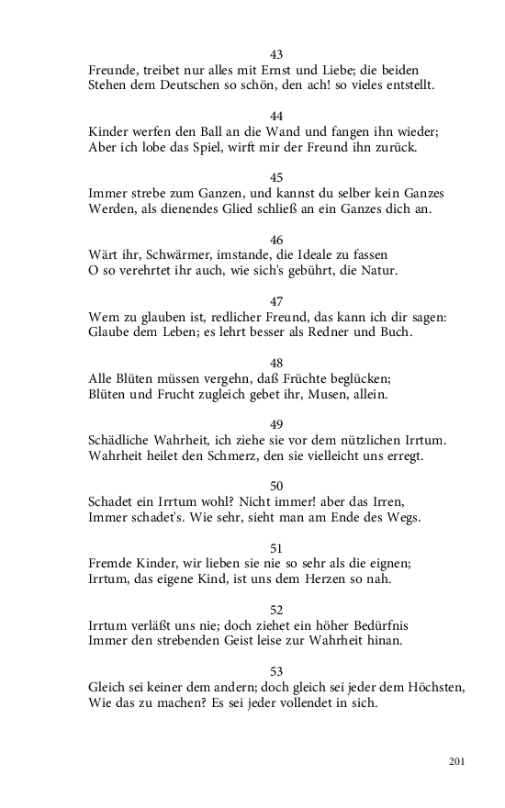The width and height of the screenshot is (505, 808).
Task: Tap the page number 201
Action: tap(458, 761)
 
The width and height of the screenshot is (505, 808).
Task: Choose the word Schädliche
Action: tap(123, 439)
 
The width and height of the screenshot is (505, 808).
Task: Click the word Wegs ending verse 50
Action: tap(401, 517)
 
